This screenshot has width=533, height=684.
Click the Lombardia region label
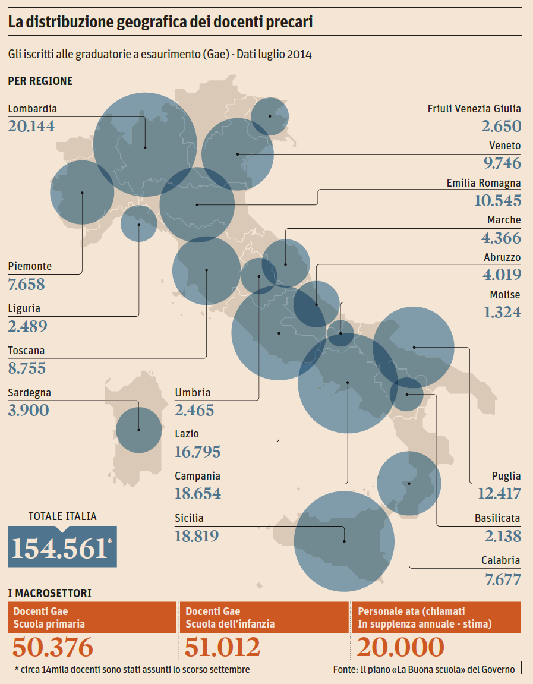click(x=33, y=109)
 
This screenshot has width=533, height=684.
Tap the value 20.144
click(x=31, y=126)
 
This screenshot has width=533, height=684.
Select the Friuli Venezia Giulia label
click(x=474, y=109)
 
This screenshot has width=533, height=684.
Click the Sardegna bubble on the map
click(x=138, y=430)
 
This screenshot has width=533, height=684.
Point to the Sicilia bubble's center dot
click(x=345, y=541)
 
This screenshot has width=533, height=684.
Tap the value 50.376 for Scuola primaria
click(x=53, y=647)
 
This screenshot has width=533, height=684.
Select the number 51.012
click(x=223, y=647)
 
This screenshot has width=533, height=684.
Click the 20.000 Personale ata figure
click(x=401, y=647)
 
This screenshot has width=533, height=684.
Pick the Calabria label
click(x=500, y=560)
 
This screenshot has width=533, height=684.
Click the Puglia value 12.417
click(x=499, y=493)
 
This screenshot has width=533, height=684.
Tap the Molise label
click(x=504, y=295)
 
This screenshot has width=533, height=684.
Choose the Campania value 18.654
click(x=198, y=493)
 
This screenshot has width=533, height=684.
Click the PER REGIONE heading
click(x=40, y=81)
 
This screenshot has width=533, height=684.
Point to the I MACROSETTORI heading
click(x=49, y=593)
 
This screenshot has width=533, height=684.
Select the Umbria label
click(x=193, y=393)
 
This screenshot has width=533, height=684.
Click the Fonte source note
click(x=424, y=669)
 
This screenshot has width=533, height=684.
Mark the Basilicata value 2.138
click(x=503, y=536)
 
